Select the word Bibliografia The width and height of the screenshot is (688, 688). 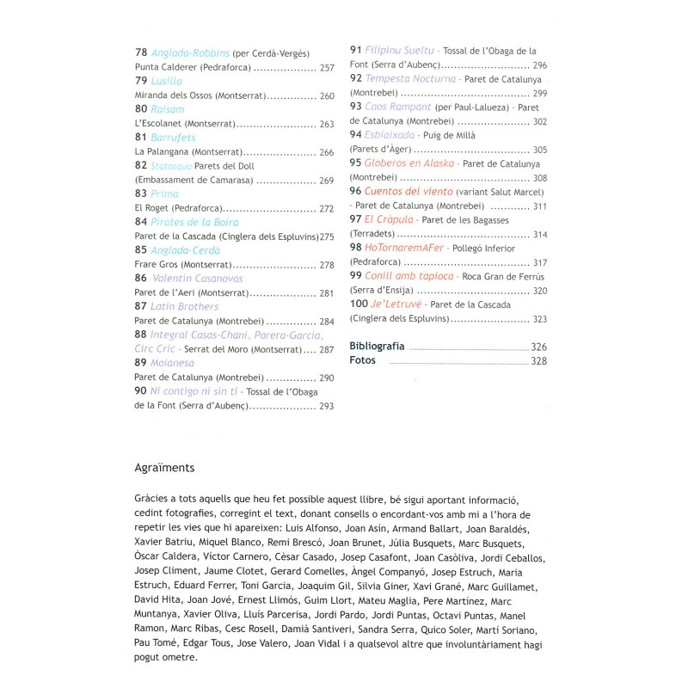(378, 346)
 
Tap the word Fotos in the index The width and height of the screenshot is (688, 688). (364, 361)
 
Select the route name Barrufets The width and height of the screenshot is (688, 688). (173, 138)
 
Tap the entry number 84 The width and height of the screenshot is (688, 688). (142, 222)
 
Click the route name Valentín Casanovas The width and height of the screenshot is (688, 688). (197, 279)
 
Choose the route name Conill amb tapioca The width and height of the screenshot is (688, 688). (409, 276)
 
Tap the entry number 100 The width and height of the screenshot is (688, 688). (359, 304)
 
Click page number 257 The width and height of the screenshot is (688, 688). (326, 67)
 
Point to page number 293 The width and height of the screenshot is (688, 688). (326, 406)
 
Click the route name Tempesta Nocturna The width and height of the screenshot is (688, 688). (410, 78)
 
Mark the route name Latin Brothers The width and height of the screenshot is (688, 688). (184, 306)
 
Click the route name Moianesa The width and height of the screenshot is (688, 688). (172, 363)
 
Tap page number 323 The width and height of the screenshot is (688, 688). (539, 319)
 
